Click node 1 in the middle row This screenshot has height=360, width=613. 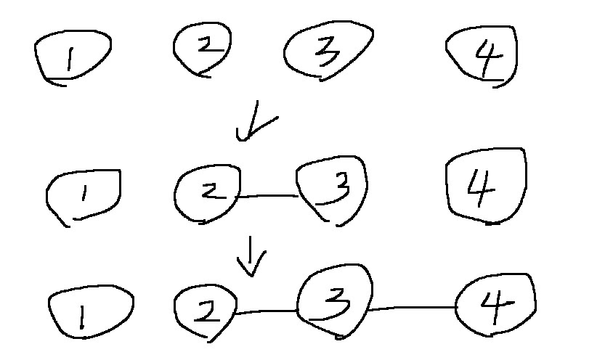(x=84, y=195)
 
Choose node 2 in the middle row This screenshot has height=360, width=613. (x=206, y=192)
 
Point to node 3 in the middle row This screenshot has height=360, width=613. (x=333, y=188)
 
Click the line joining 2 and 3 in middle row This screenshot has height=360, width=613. (x=267, y=196)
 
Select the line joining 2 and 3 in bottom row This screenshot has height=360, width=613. (x=266, y=312)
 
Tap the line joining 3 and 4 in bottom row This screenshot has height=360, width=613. (x=413, y=308)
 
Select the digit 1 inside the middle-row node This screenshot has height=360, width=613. (x=84, y=194)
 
